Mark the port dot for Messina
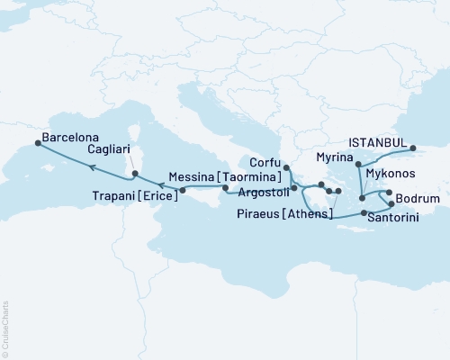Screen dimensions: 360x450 [x=226, y=190]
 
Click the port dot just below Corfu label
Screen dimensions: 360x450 [x=285, y=167]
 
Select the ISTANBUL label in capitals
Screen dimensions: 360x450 [x=378, y=142]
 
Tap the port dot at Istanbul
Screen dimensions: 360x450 [x=413, y=148]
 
